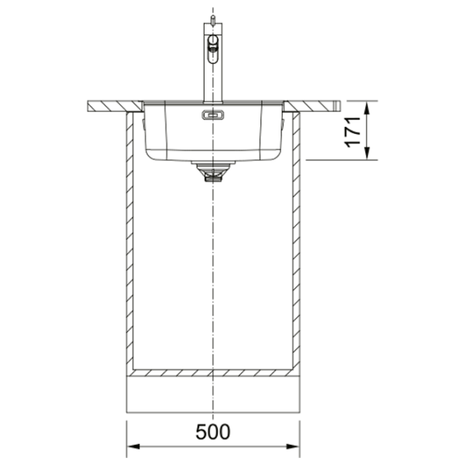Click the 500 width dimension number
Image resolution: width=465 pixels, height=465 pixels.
click(x=212, y=432)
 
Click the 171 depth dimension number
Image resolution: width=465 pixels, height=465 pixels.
click(x=352, y=132)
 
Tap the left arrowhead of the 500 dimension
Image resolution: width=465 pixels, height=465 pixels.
click(x=133, y=446)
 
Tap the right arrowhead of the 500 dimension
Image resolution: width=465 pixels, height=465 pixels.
click(x=293, y=446)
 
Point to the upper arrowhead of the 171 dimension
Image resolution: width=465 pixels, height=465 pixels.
click(x=367, y=108)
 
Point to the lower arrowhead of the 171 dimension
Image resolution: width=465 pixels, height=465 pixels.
click(x=367, y=153)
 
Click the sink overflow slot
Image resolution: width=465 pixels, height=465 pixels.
click(x=213, y=115)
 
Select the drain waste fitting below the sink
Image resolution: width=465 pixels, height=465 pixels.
click(x=213, y=171)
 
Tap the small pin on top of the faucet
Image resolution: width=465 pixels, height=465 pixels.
click(x=212, y=20)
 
